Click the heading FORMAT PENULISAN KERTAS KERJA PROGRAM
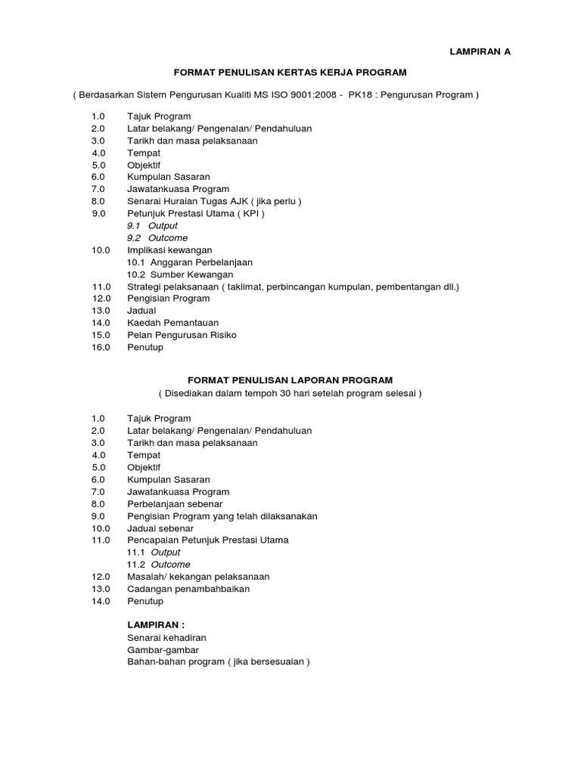tap(290, 73)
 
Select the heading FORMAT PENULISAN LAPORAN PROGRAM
tap(290, 380)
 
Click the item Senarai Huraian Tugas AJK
tap(214, 201)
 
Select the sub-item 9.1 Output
tap(152, 226)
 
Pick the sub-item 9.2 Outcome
tap(157, 238)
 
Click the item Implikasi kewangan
tap(169, 250)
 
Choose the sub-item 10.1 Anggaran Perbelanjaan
tap(189, 262)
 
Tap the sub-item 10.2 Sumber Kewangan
tap(180, 274)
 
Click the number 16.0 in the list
tap(101, 348)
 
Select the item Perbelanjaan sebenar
tap(175, 504)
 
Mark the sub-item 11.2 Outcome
tap(158, 565)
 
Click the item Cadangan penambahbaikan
tap(188, 589)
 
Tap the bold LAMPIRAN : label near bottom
tap(156, 625)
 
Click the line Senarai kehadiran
tap(166, 638)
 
